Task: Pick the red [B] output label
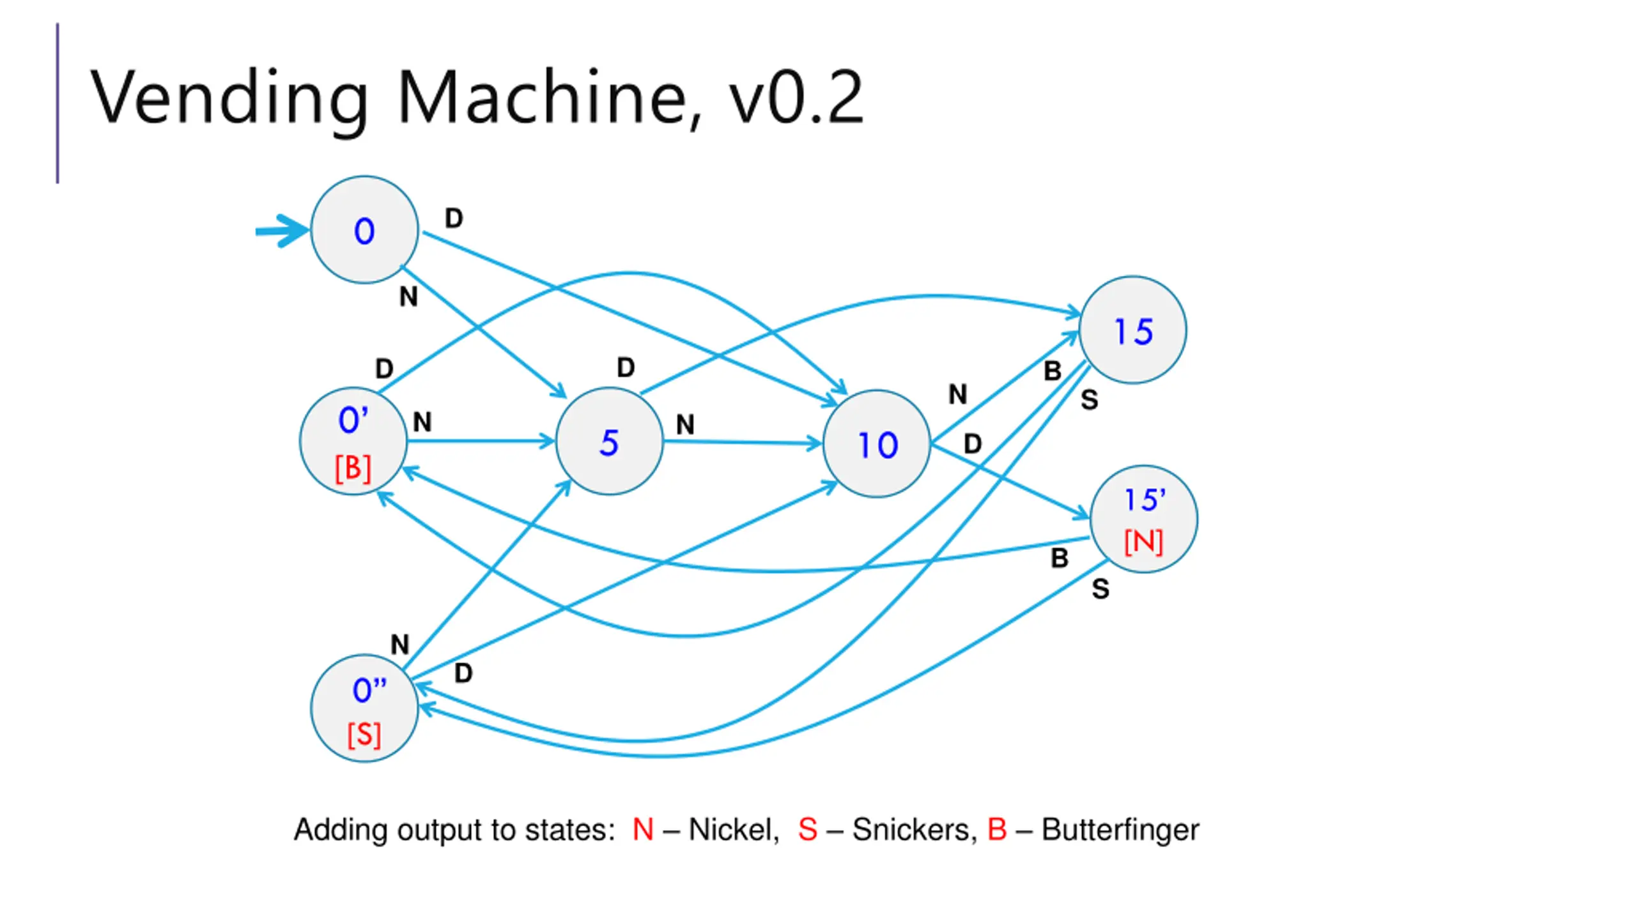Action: tap(353, 468)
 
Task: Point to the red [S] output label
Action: tap(364, 735)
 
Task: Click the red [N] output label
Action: tap(1143, 542)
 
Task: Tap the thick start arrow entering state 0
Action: tap(282, 231)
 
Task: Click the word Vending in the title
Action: tap(229, 97)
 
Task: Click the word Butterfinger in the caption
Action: tap(1120, 830)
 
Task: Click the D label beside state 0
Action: tap(454, 218)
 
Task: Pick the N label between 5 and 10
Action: tap(685, 424)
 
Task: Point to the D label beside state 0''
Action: tap(463, 673)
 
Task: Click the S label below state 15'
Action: tap(1100, 588)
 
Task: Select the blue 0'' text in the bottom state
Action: tap(369, 690)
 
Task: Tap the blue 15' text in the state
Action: tap(1145, 500)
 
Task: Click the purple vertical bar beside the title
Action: tap(58, 103)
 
